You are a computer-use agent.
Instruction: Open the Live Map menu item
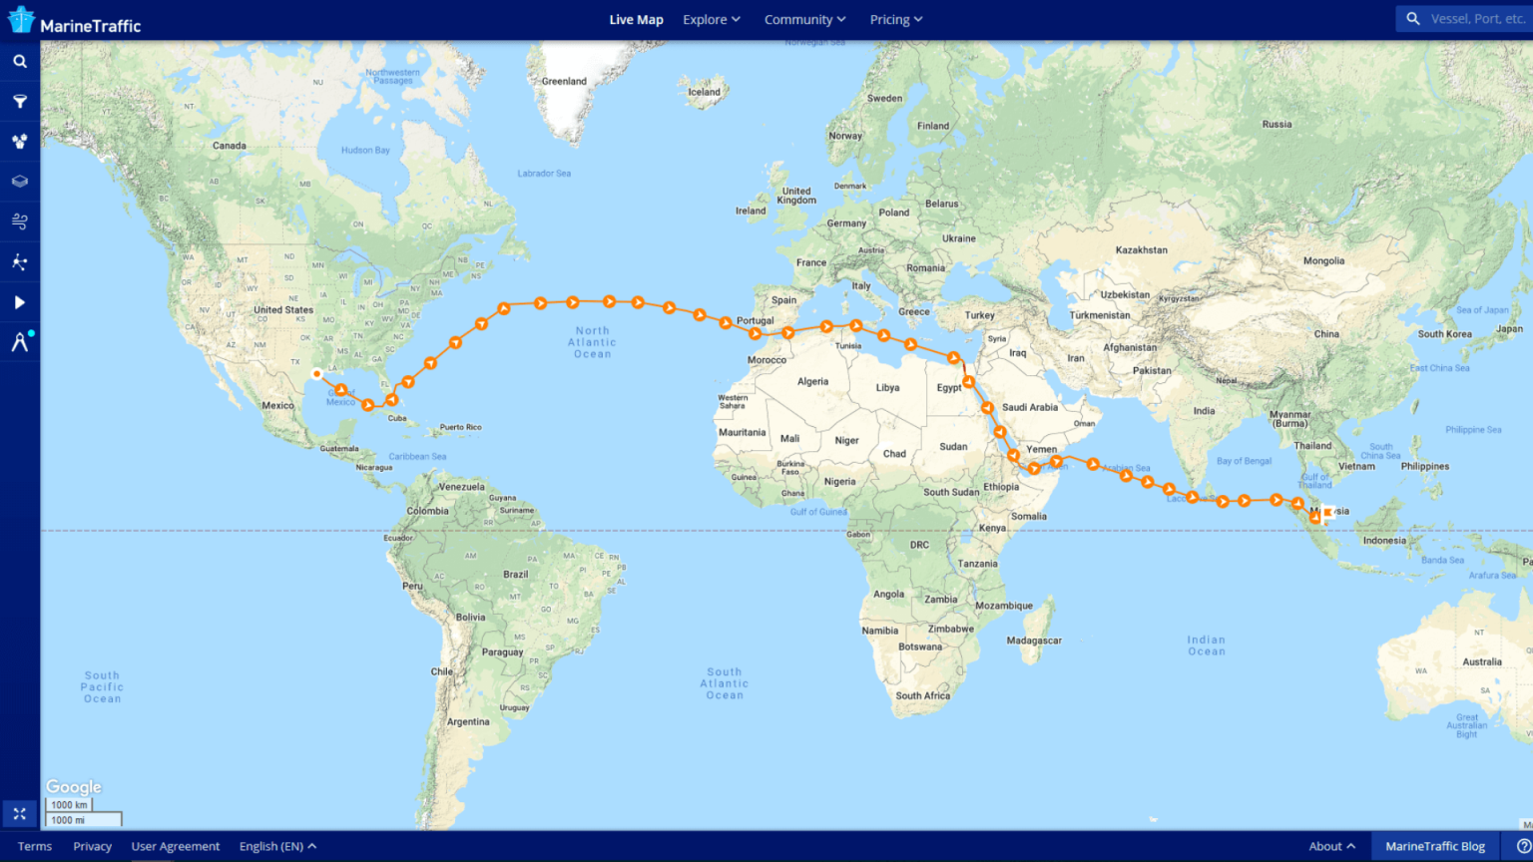[x=636, y=20]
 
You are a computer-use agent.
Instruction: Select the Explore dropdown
[x=711, y=20]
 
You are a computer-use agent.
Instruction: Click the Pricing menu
[x=895, y=20]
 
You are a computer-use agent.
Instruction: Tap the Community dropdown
[x=804, y=20]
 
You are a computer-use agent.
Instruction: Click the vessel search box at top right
[x=1467, y=19]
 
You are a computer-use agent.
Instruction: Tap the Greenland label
[x=564, y=82]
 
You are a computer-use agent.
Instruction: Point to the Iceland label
[x=704, y=92]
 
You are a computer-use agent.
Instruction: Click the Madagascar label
[x=1034, y=641]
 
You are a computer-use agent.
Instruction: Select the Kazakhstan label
[x=1141, y=250]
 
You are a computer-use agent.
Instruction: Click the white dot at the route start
[x=316, y=374]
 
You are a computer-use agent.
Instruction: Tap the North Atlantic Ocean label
[x=592, y=342]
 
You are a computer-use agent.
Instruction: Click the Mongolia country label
[x=1323, y=261]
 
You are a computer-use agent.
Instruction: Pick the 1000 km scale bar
[x=69, y=804]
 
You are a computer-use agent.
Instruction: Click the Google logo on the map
[x=74, y=787]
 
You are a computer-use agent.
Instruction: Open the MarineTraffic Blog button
[x=1434, y=846]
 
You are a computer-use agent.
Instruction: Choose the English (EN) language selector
[x=277, y=846]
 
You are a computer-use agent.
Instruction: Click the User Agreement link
[x=176, y=846]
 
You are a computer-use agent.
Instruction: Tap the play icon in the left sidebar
[x=19, y=302]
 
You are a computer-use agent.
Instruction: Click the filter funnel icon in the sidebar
[x=19, y=101]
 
